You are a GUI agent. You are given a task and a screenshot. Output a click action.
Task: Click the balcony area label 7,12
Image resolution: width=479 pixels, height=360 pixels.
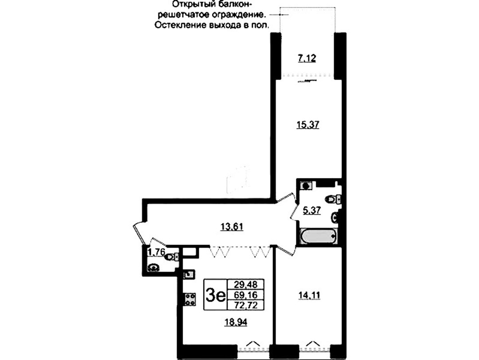[x=307, y=58]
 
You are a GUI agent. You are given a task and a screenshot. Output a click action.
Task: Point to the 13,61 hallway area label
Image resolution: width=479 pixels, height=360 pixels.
[x=232, y=227]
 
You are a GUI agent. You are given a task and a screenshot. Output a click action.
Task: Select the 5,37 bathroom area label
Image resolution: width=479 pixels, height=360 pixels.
[x=312, y=210]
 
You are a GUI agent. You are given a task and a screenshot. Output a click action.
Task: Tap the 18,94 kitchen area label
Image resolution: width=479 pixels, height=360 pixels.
[x=236, y=322]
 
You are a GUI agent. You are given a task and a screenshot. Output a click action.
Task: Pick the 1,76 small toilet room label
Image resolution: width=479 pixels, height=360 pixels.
[x=157, y=252]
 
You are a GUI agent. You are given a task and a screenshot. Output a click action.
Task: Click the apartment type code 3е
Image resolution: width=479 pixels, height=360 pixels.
[x=216, y=295]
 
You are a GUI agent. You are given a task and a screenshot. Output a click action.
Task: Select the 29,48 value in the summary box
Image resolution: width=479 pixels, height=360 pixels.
[x=246, y=285]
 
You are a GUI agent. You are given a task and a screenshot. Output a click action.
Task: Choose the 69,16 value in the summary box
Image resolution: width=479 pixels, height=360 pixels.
[x=246, y=295]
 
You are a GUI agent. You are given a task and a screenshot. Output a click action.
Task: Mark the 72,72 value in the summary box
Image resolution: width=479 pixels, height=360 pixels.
[x=246, y=305]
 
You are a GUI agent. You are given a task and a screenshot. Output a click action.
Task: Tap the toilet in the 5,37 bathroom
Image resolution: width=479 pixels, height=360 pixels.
[x=333, y=199]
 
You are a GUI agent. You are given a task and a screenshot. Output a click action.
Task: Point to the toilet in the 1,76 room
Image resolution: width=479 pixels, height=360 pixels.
[x=171, y=257]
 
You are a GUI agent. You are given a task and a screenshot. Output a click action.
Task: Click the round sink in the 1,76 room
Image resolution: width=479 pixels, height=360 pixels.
[x=153, y=268]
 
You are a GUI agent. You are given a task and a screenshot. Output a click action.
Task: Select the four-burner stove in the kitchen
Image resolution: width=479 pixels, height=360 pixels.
[x=190, y=299]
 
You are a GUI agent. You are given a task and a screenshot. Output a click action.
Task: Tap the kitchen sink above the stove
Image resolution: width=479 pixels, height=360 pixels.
[x=189, y=274]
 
